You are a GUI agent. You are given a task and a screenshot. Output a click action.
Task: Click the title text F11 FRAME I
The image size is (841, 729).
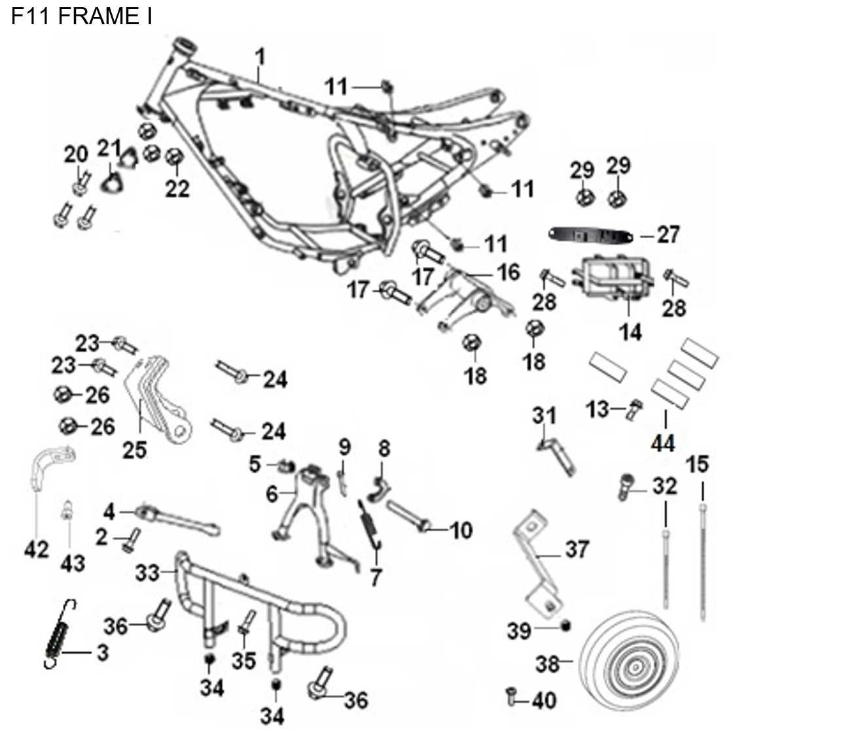tap(82, 16)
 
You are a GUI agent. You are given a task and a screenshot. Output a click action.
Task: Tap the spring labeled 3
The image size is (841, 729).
tap(58, 635)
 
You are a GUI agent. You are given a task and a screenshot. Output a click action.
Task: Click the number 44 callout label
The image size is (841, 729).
tap(662, 444)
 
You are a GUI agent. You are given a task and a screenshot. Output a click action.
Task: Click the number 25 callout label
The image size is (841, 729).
tap(135, 450)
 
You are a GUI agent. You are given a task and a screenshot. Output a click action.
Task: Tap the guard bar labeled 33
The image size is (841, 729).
tap(262, 602)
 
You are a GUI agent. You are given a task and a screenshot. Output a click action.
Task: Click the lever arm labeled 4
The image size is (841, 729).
tap(177, 521)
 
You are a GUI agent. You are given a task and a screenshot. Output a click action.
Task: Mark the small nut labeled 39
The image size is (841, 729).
tap(566, 627)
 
